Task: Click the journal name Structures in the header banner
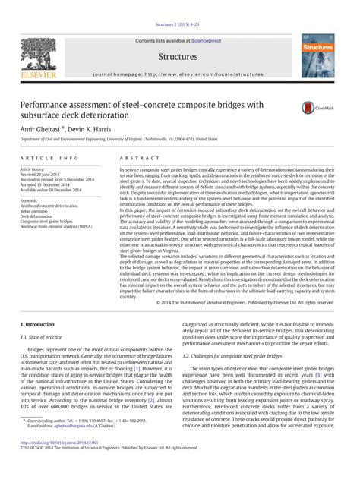pyautogui.click(x=179, y=57)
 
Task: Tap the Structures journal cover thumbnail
pyautogui.click(x=317, y=58)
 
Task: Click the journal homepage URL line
pyautogui.click(x=179, y=75)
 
